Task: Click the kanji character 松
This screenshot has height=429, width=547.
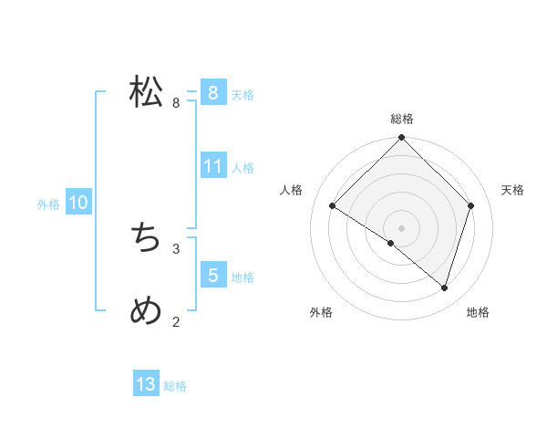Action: click(x=146, y=92)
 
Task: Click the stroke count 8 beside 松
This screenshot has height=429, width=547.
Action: click(x=176, y=103)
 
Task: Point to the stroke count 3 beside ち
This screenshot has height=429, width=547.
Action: click(x=176, y=248)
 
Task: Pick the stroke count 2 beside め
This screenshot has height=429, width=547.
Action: click(x=176, y=321)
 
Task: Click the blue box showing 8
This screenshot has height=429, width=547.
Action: click(x=212, y=93)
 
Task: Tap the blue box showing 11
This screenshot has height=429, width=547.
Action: click(x=212, y=166)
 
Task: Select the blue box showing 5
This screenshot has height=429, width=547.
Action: click(x=212, y=276)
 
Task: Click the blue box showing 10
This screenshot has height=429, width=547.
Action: click(x=77, y=203)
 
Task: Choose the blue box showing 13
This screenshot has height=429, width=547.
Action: click(x=146, y=384)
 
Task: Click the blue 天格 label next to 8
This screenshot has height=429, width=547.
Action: click(x=243, y=95)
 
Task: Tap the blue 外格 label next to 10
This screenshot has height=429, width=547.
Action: click(x=48, y=204)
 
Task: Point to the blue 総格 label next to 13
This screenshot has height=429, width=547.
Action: click(x=175, y=386)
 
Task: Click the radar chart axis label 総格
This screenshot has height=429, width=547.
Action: click(x=402, y=119)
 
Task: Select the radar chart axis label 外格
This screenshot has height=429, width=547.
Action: click(x=321, y=312)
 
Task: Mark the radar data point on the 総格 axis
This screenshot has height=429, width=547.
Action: click(x=402, y=138)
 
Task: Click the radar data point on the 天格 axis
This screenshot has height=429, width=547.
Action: click(x=471, y=205)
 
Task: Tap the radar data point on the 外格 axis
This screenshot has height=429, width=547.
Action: click(x=391, y=243)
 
